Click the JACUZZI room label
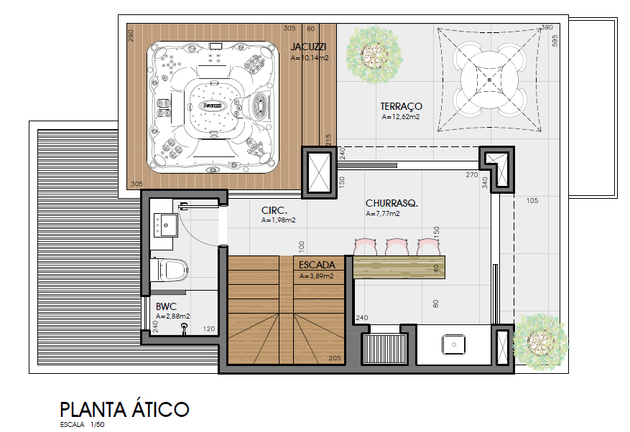click(308, 47)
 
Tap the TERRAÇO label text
click(401, 106)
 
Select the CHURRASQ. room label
click(392, 203)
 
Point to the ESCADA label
click(317, 265)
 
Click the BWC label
click(166, 306)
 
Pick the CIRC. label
click(274, 210)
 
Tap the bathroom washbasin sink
click(165, 225)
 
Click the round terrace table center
click(489, 80)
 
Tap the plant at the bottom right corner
click(540, 342)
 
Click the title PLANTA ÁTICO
click(124, 410)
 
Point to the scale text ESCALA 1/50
click(83, 425)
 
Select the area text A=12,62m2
click(401, 117)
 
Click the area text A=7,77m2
click(382, 214)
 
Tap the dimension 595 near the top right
click(555, 41)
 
